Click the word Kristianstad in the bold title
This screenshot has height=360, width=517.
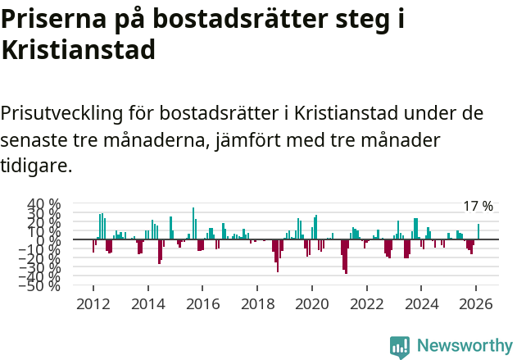coord(78,51)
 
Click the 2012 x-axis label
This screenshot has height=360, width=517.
coord(93,303)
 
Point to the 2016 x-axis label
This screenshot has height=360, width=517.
coord(202,303)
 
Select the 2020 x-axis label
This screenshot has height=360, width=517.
coord(311,303)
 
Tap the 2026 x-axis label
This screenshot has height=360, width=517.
coord(476,303)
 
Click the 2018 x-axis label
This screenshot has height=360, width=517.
coord(257,303)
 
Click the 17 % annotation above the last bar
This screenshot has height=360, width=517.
coord(478,207)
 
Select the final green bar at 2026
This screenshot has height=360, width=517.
coord(478,232)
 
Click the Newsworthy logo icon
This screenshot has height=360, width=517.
coord(400,346)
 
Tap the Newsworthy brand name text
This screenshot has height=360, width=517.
coord(464,346)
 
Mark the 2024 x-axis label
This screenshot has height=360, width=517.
coord(421,303)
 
